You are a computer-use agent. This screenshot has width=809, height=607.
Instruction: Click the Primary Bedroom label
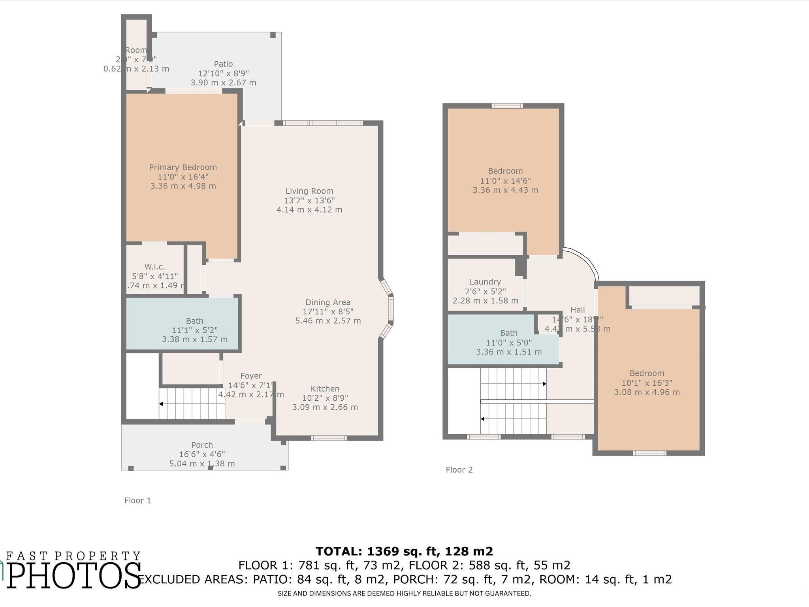click(183, 167)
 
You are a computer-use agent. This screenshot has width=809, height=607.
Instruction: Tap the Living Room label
click(309, 191)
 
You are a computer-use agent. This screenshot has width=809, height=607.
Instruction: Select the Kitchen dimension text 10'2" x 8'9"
click(325, 398)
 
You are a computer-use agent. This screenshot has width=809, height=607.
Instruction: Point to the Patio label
click(223, 64)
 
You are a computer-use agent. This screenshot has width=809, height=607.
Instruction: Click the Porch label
click(202, 445)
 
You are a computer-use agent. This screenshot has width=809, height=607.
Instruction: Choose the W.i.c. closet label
click(154, 267)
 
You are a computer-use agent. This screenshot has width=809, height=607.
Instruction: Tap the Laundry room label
click(485, 282)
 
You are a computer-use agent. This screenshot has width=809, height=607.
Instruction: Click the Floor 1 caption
click(137, 501)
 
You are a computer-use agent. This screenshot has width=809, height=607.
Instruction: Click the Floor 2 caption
click(459, 470)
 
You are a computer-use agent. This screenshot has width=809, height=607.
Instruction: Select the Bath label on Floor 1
click(194, 321)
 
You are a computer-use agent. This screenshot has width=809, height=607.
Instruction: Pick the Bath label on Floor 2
click(508, 333)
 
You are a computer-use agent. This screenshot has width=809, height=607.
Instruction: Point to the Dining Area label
click(327, 302)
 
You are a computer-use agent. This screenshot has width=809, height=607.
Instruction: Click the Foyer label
click(251, 376)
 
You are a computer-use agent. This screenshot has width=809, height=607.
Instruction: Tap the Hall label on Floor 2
click(578, 310)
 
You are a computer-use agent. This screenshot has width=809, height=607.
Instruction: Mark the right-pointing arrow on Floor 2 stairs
click(544, 384)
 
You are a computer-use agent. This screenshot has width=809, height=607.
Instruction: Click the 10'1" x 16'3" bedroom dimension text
click(647, 383)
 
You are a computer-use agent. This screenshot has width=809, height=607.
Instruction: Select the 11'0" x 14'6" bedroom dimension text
click(505, 181)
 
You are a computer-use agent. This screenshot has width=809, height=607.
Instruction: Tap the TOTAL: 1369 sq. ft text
click(404, 551)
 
